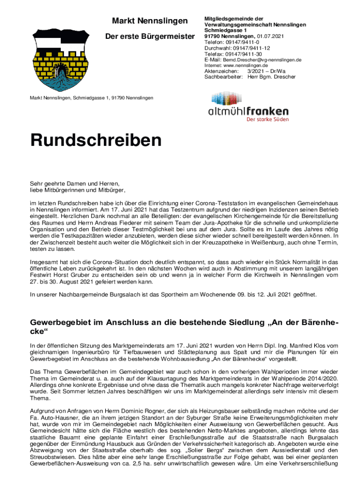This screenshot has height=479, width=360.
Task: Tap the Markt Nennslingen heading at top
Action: coord(150,21)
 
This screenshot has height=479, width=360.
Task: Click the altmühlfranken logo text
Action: coord(248,111)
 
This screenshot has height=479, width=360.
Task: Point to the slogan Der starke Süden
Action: coord(267,119)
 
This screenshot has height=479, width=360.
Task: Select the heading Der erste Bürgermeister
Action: coord(154,36)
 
